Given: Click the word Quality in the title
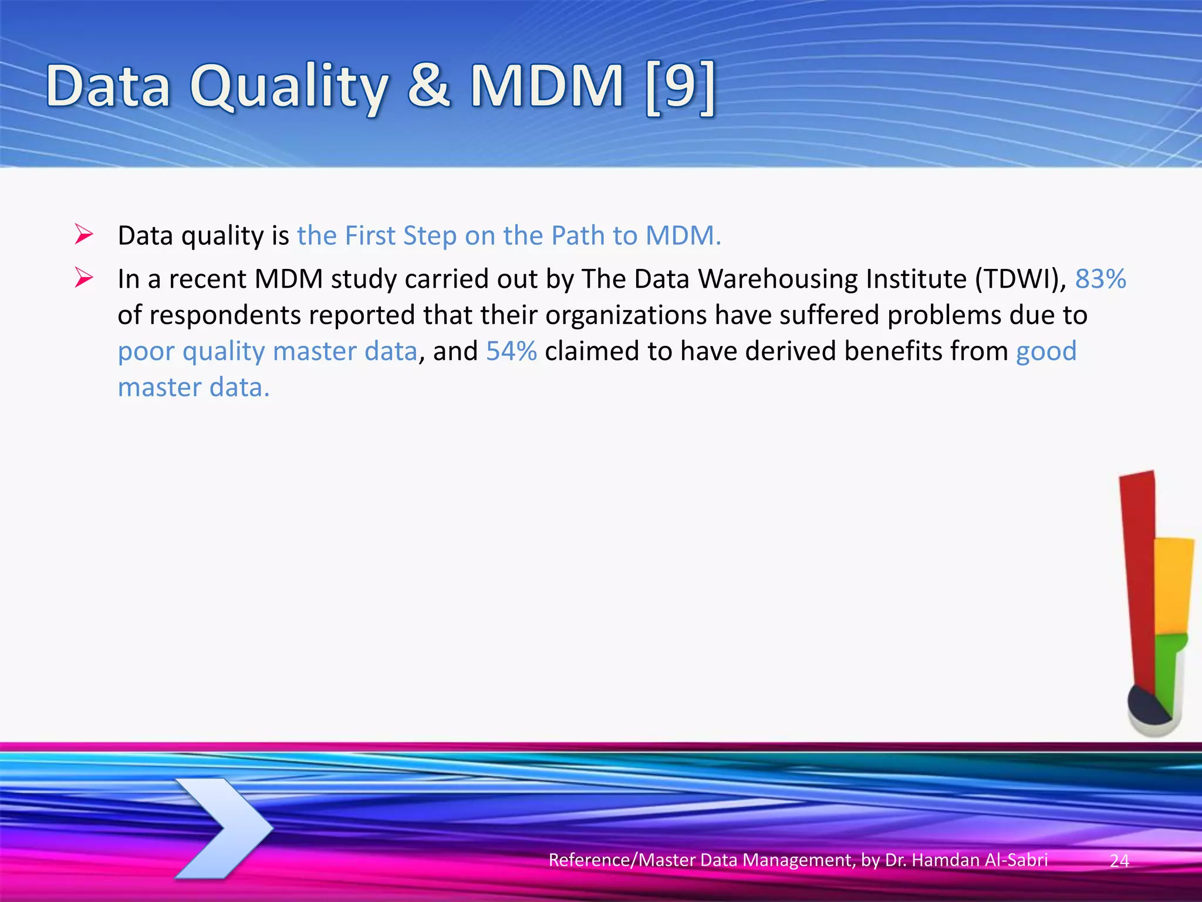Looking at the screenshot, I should (289, 88).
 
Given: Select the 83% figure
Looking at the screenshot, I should (1100, 278).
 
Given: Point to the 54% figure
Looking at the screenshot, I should (511, 351).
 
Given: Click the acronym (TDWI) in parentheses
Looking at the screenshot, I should (1020, 278).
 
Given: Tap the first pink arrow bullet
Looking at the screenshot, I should (84, 235).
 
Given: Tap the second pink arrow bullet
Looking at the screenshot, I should (84, 278).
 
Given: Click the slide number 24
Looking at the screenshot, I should (1119, 861).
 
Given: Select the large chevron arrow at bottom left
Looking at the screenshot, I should (226, 828).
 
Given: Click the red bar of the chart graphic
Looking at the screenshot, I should (1139, 575).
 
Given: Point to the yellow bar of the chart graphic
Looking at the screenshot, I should (1173, 584).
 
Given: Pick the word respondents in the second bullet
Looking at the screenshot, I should (225, 315).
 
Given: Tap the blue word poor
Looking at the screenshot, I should (146, 352).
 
